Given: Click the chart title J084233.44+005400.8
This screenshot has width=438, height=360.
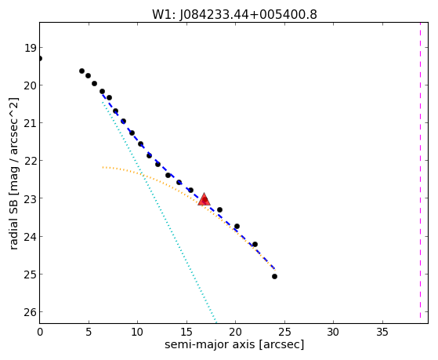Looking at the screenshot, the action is click(x=248, y=15).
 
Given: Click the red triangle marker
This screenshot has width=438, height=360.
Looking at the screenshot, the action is click(x=204, y=199).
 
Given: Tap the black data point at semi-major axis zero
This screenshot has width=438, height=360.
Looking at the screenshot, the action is click(x=40, y=59).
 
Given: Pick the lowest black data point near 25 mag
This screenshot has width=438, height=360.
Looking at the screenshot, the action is click(x=274, y=276).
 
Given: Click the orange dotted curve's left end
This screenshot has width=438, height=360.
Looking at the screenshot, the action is click(x=103, y=167).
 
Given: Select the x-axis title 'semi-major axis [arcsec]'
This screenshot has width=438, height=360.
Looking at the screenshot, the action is click(x=234, y=344).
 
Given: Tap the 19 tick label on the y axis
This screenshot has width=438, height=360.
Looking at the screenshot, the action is click(x=30, y=48).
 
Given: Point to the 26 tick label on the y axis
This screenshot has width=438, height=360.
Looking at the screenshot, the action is click(x=30, y=312).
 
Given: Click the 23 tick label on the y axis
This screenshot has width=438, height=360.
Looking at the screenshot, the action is click(x=30, y=198).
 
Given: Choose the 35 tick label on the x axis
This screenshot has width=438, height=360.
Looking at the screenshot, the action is click(x=382, y=332).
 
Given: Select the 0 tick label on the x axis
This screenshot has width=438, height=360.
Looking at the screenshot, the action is click(x=40, y=332).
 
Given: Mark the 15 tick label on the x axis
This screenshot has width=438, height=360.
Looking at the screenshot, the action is click(x=186, y=332).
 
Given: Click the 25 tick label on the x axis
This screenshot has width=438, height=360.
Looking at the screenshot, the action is click(x=284, y=332).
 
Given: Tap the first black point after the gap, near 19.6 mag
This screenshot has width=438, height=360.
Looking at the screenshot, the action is click(x=81, y=71).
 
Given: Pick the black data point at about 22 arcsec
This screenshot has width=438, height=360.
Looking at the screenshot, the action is click(x=255, y=244).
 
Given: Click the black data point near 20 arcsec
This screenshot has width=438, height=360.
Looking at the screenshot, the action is click(x=237, y=226).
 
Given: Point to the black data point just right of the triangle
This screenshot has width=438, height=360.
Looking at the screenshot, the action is click(x=219, y=209).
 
